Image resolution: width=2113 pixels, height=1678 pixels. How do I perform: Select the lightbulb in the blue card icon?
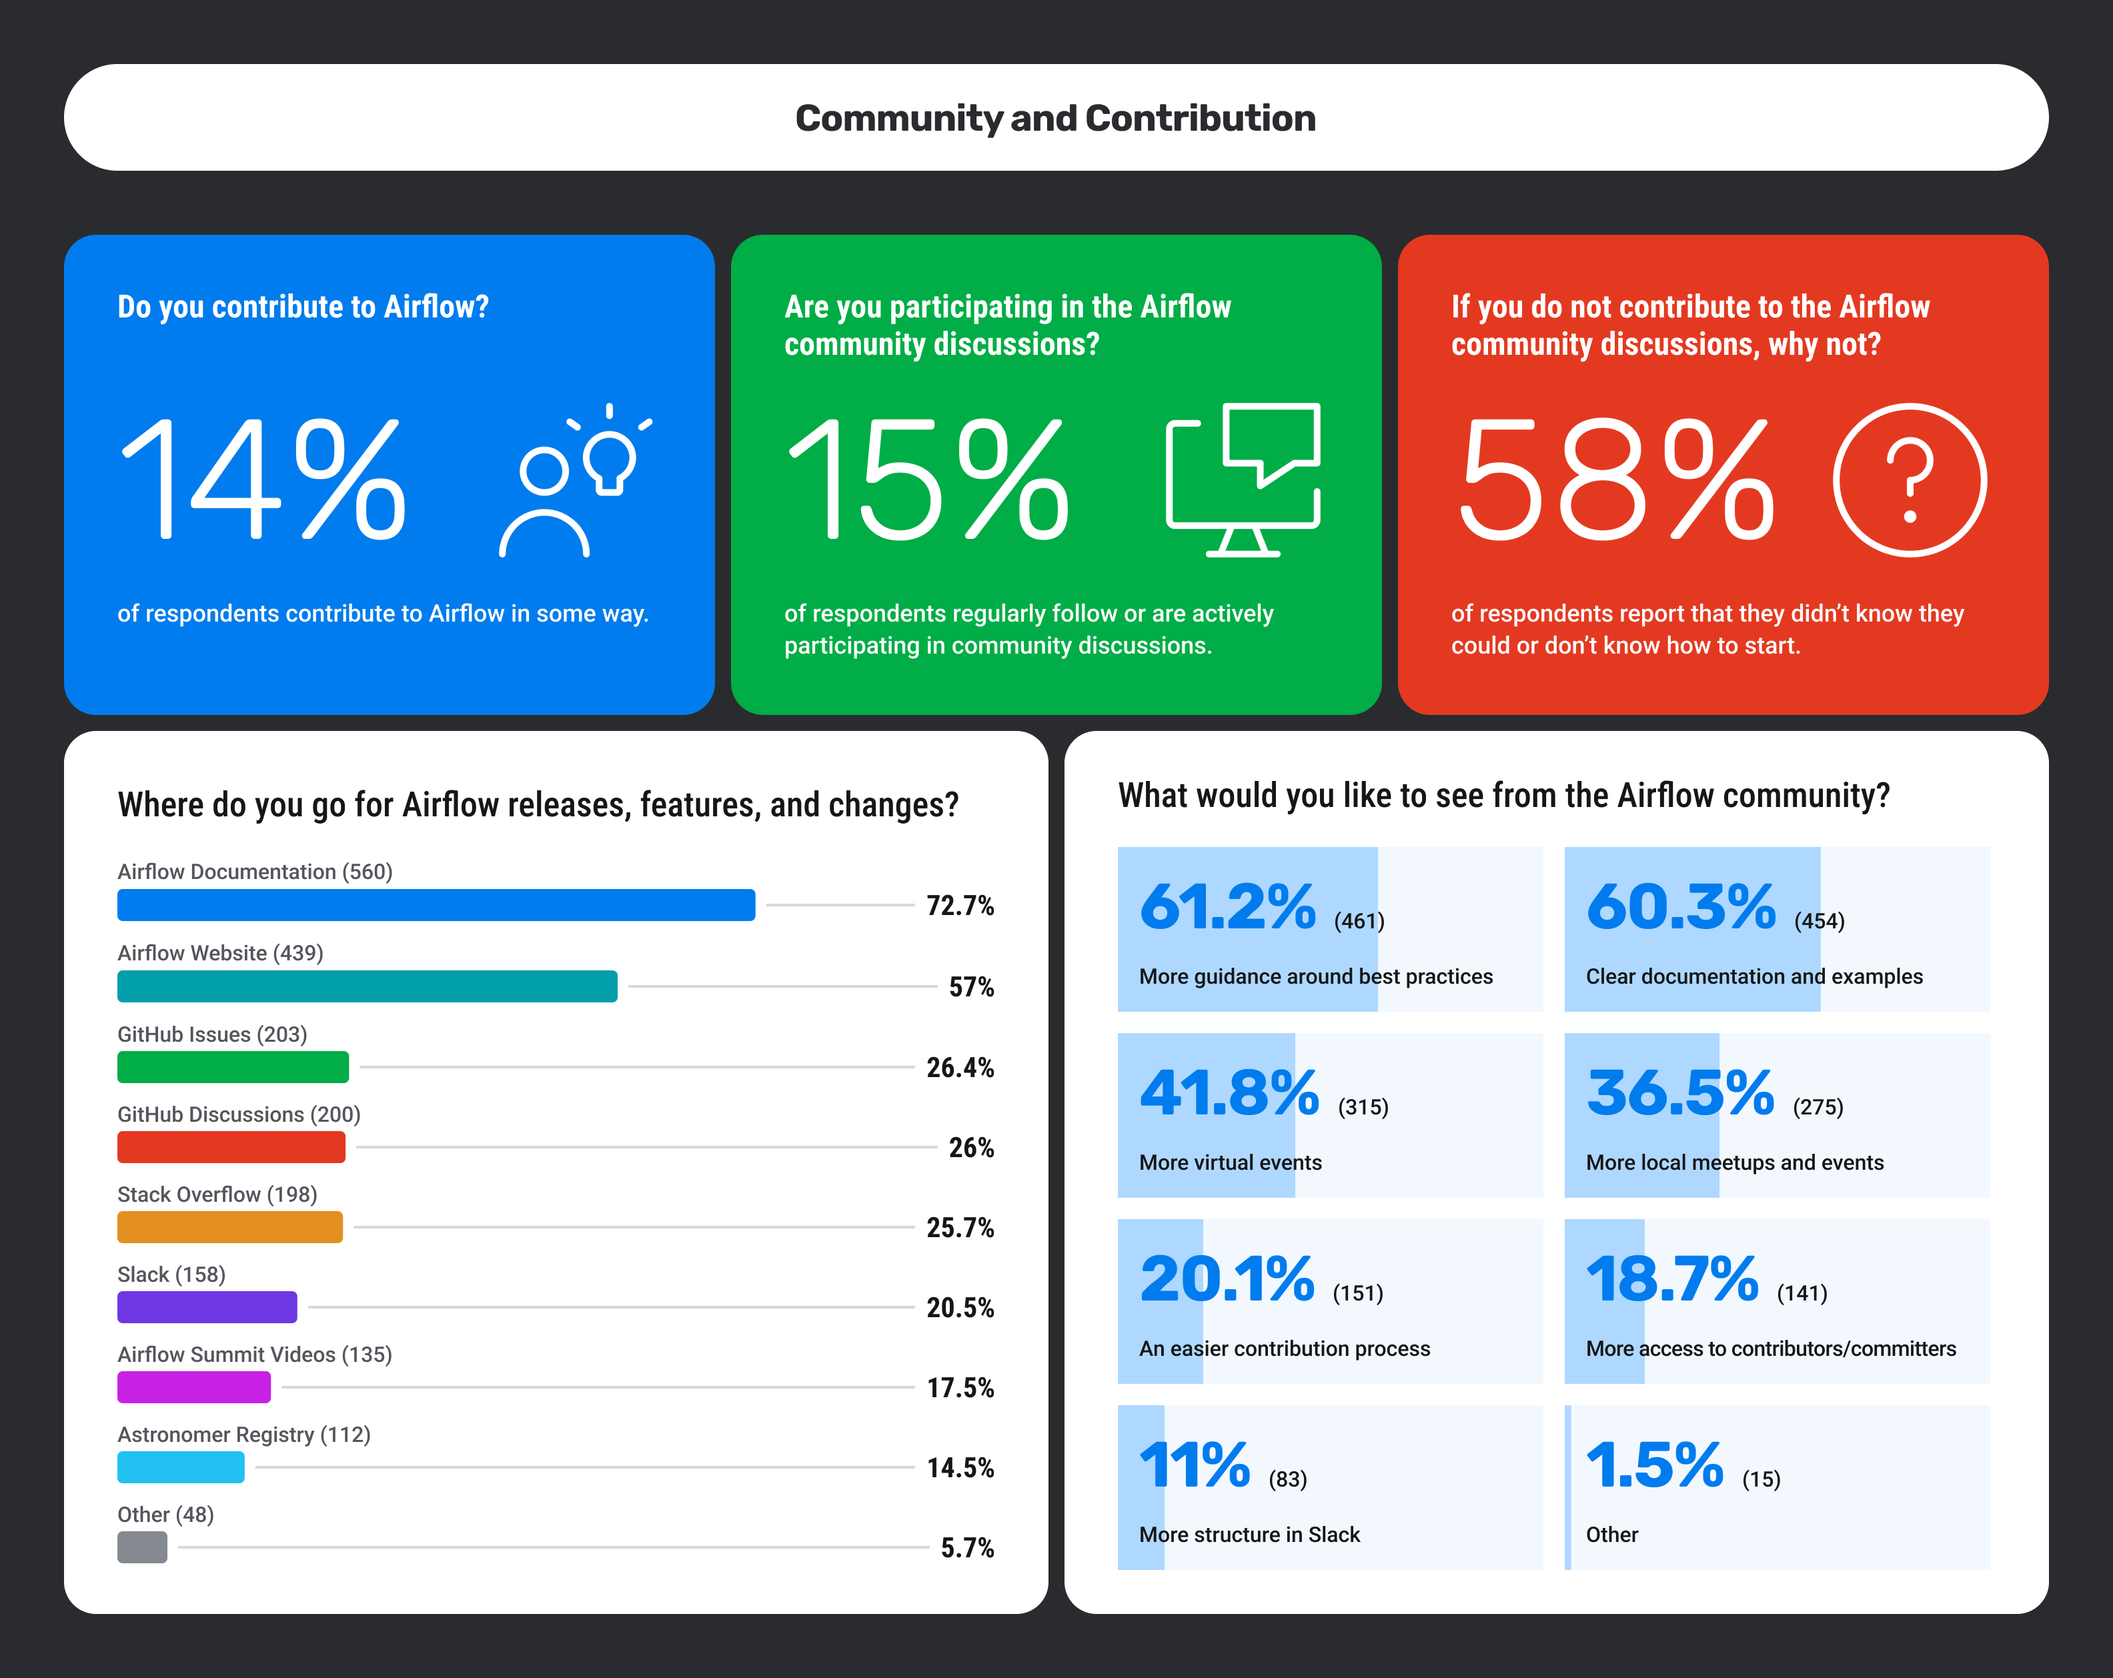(610, 459)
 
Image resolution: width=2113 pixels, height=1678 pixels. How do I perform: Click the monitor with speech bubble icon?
(1243, 480)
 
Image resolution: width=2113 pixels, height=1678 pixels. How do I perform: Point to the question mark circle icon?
(1909, 480)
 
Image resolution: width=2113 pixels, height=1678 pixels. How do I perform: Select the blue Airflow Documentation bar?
(436, 904)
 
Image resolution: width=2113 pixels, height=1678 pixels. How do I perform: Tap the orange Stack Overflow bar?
(229, 1227)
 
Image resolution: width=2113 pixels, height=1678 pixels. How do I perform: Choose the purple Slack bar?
(207, 1307)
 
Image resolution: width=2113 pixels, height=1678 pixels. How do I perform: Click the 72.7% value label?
(960, 906)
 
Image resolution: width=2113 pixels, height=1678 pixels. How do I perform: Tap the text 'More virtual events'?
(1230, 1162)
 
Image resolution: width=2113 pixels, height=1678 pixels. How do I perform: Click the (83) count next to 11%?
(1288, 1479)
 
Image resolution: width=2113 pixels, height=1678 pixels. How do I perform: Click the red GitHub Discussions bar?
(231, 1146)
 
